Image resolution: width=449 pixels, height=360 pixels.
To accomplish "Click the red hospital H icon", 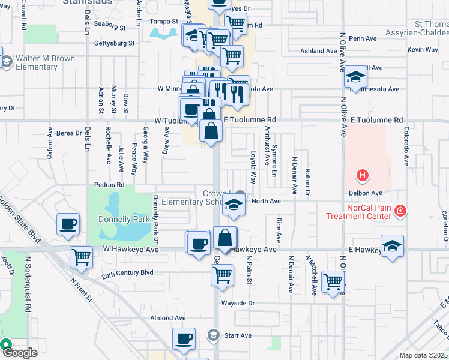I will pos(363,176).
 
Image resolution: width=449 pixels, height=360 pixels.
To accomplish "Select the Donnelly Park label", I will pos(124,220).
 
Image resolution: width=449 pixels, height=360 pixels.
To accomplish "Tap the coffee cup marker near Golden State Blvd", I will pos(68,224).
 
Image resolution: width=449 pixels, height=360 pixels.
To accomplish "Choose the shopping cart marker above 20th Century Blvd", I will pos(81,257).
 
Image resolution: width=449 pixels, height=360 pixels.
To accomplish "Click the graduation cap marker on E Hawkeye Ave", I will pos(392,246).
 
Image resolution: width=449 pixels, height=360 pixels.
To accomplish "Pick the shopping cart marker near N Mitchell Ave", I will pos(333,281).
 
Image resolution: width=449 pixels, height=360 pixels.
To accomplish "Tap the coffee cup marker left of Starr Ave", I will pos(184,339).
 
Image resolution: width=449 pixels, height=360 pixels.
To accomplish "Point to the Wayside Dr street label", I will pos(238,303).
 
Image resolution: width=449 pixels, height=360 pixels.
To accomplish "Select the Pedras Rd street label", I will pos(109,185).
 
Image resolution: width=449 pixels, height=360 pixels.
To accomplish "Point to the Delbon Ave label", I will pos(366,193).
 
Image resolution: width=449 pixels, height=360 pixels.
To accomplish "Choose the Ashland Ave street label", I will pos(319,52).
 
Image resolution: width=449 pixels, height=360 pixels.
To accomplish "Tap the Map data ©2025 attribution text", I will pos(423,355).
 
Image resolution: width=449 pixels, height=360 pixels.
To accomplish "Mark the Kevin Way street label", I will pos(422,50).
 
